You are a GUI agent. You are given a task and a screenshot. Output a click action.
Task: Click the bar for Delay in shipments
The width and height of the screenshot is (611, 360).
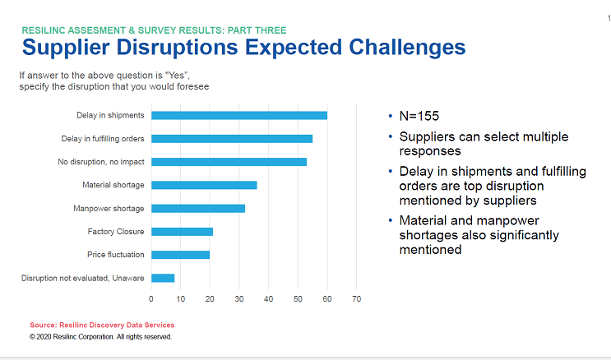(x=239, y=115)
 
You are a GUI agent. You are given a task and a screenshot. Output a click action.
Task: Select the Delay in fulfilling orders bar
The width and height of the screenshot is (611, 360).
(x=232, y=138)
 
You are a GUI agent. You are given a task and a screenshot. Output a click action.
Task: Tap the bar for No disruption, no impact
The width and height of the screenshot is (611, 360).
(x=229, y=162)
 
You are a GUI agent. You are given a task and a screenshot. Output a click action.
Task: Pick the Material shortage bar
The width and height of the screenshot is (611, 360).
(x=204, y=185)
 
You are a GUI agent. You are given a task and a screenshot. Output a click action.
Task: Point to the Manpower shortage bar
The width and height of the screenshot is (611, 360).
(x=198, y=208)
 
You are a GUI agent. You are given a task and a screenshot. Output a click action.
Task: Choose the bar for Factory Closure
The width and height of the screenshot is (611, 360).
(x=182, y=232)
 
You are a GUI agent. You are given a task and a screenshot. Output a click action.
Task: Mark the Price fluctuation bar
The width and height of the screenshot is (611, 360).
(x=180, y=255)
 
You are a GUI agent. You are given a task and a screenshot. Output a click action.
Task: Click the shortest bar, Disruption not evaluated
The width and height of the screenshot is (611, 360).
(x=163, y=278)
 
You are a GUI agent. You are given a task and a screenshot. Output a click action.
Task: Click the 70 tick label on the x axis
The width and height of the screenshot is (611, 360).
(x=356, y=298)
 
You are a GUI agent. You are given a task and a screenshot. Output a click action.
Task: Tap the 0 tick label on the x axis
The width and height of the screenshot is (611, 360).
(x=151, y=298)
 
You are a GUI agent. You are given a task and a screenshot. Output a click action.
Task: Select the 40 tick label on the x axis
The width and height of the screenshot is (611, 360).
(x=268, y=298)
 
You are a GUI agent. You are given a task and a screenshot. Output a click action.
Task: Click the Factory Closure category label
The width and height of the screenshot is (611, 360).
(x=116, y=232)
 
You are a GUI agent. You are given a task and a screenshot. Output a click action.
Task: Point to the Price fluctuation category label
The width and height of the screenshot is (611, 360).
(x=115, y=255)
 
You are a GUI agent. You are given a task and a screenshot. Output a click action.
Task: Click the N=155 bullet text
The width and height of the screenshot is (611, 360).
(x=422, y=116)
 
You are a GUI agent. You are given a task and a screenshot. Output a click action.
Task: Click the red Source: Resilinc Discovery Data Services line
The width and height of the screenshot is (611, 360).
(x=102, y=325)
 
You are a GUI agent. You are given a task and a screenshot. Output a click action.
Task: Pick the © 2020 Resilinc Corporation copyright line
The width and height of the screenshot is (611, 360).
(x=100, y=336)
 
